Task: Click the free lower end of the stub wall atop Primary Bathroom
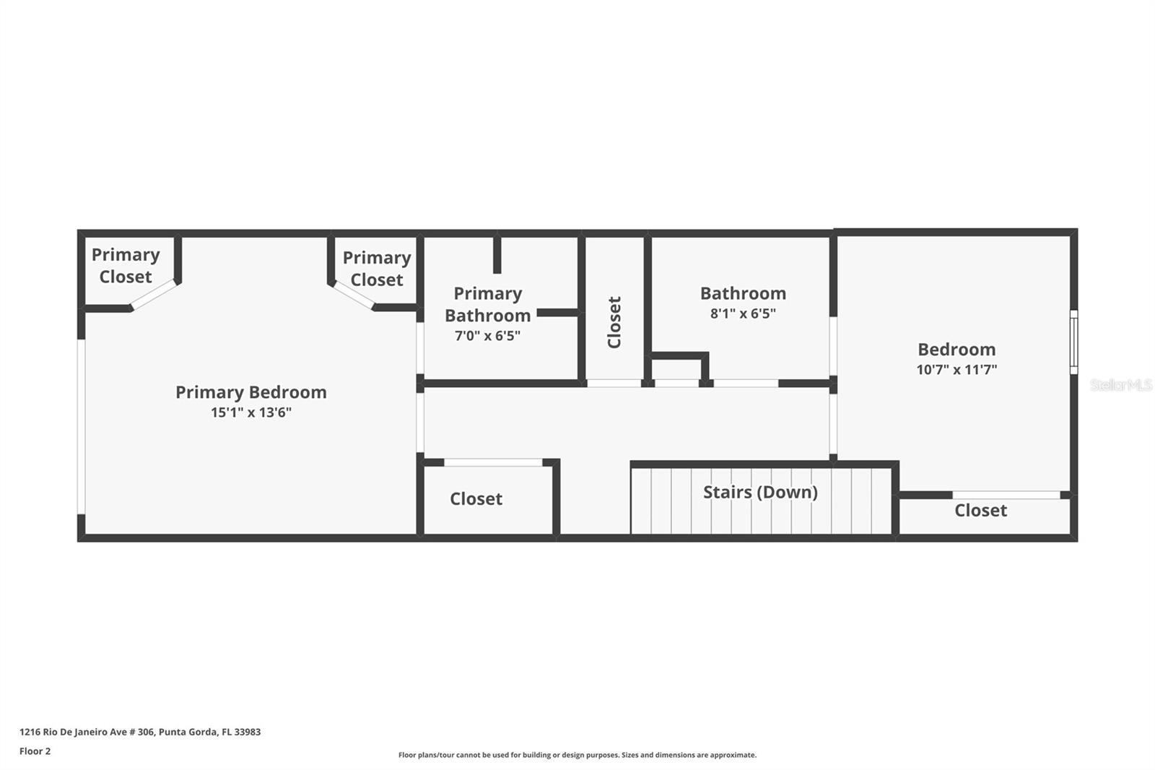coord(497,273)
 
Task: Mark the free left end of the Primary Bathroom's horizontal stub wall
coord(537,313)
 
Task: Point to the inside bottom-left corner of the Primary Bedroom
coord(85,534)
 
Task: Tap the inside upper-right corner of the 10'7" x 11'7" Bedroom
coord(1070,237)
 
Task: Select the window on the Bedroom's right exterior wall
coord(1073,342)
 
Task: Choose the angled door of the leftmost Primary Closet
coord(154,295)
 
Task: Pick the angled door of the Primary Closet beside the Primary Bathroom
coord(354,295)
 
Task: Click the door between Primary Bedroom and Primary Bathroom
coord(420,348)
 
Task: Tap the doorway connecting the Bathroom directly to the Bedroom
coord(833,346)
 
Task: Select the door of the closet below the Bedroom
coord(1006,495)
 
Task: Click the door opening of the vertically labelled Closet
coord(614,384)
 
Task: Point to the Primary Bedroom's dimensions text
coord(251,413)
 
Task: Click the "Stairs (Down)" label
coord(761,493)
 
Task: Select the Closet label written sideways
coord(614,323)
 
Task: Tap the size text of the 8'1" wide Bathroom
coord(743,313)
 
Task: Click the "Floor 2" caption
coord(35,751)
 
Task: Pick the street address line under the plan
coord(140,732)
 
